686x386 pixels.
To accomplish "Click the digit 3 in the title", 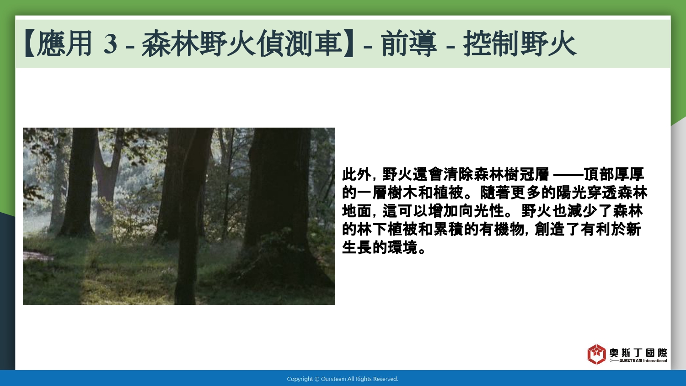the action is click(x=110, y=44).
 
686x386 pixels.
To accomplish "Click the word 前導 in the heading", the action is click(x=408, y=44).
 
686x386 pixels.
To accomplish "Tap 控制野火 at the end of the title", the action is click(x=520, y=44).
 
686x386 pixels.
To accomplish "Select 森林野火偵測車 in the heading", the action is click(x=241, y=44).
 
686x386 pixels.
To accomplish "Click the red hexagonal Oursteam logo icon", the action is click(x=596, y=354).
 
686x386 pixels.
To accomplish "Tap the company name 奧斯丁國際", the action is click(x=638, y=353).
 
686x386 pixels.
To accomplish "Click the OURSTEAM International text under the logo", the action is click(x=643, y=360).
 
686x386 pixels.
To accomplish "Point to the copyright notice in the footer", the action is click(x=343, y=379).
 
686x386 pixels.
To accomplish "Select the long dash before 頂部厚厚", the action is click(x=568, y=175).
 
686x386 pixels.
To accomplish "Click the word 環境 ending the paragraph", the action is click(x=402, y=247).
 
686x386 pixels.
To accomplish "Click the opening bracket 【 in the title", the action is click(x=30, y=44).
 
